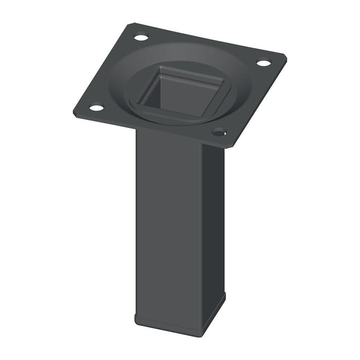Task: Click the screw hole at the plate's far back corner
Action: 141,38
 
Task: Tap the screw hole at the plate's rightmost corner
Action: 263,63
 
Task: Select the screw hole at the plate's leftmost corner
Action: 96,107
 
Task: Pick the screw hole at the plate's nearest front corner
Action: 219,133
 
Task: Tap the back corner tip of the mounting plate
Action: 133,24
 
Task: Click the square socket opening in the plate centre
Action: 180,91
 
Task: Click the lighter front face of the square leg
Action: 167,223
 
